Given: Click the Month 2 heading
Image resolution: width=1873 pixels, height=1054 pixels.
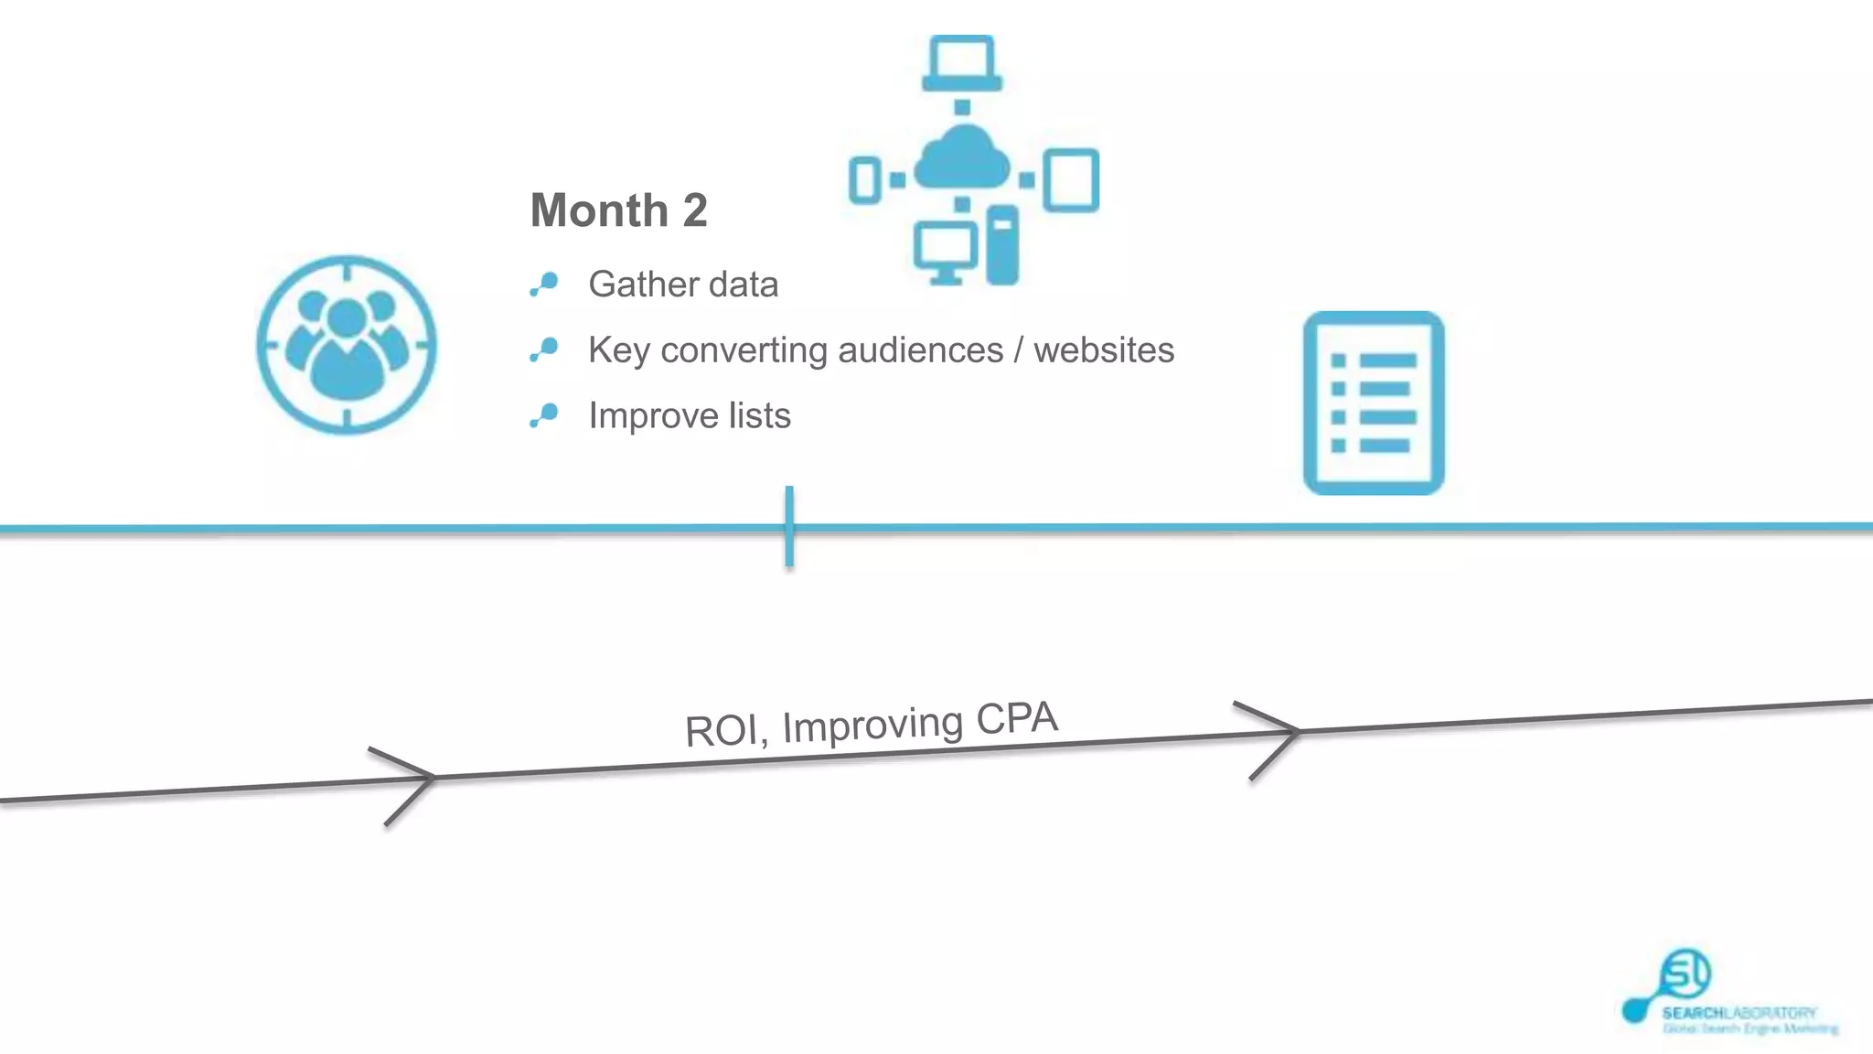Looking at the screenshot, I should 618,210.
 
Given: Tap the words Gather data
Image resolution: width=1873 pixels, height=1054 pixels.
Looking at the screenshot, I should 682,285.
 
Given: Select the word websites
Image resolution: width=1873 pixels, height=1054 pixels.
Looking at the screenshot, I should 1103,350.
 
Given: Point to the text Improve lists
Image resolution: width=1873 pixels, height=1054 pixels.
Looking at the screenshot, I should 689,416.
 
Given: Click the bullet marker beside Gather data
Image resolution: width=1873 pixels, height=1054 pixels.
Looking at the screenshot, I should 544,285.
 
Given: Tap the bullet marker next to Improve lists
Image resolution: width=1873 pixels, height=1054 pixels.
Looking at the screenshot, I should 544,416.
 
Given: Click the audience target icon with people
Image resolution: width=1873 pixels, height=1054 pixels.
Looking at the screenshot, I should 347,345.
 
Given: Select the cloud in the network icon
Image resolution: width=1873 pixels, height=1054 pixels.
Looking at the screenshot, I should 961,159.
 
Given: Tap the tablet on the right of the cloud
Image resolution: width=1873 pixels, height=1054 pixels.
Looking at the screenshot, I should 1071,180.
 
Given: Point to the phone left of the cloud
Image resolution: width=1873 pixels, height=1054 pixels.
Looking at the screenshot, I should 864,179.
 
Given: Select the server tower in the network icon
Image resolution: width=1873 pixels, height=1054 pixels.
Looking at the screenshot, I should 1002,245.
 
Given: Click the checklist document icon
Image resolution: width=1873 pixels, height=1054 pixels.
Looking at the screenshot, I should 1373,403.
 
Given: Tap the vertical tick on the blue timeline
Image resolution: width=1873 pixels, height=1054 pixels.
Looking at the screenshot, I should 789,527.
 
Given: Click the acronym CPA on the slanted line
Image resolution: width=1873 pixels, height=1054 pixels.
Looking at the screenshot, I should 1016,719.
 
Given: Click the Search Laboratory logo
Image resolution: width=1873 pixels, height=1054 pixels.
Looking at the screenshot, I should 1729,997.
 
